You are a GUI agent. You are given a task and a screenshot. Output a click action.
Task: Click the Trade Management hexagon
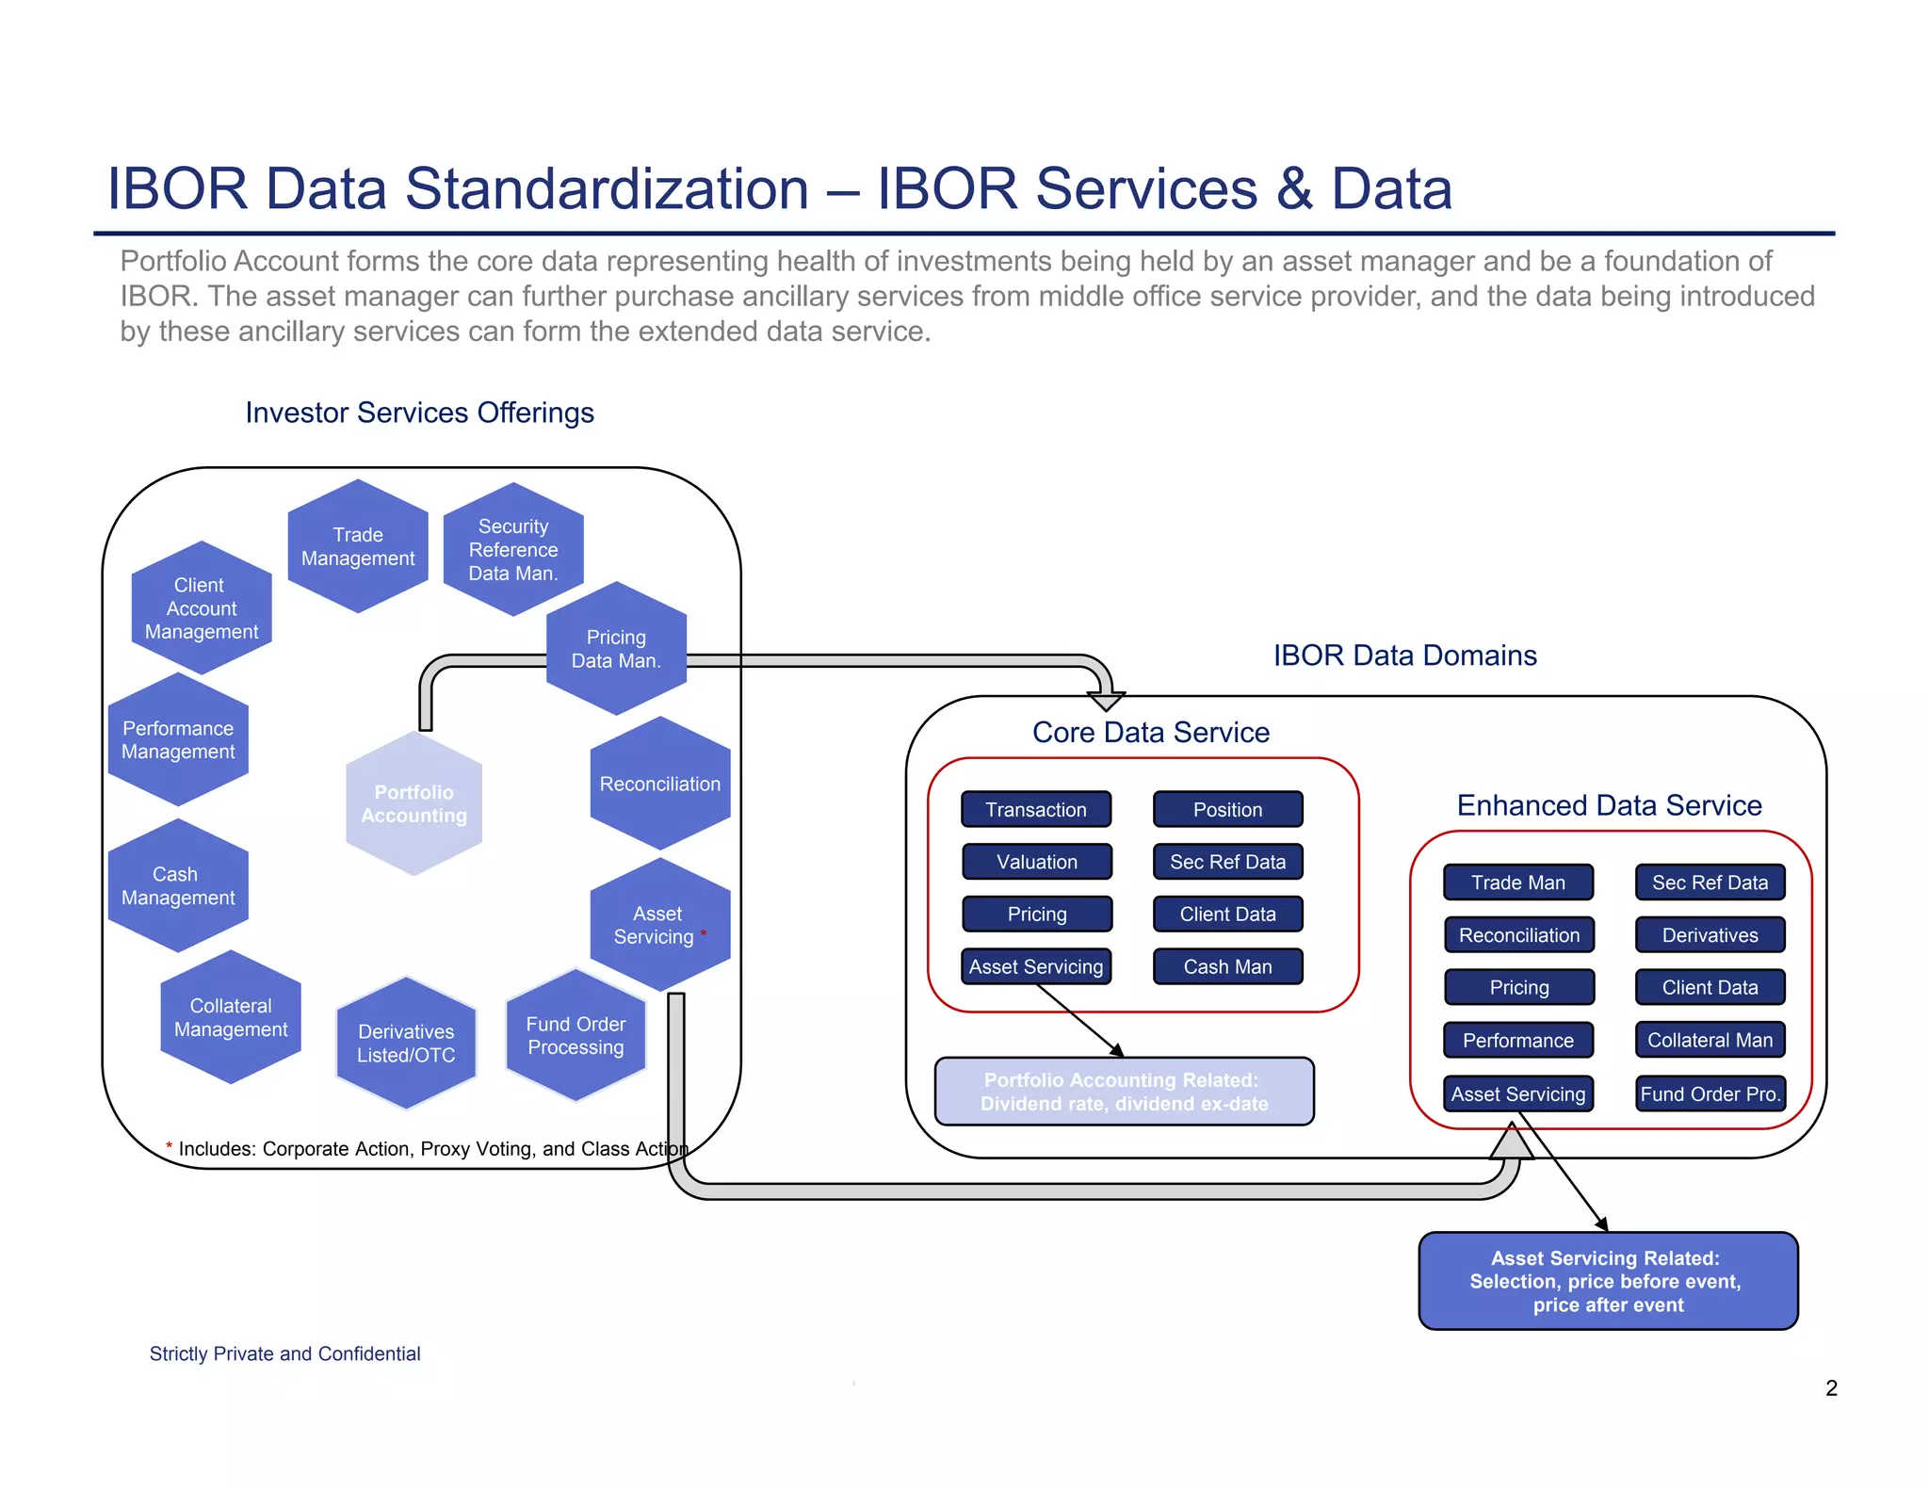click(x=358, y=546)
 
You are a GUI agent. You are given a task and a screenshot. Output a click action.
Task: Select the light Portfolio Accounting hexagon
click(x=413, y=803)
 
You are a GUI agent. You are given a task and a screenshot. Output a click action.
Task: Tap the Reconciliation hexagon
click(x=659, y=784)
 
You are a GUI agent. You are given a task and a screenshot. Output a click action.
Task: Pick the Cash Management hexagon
click(x=178, y=885)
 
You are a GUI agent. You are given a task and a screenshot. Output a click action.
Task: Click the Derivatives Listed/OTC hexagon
click(x=406, y=1043)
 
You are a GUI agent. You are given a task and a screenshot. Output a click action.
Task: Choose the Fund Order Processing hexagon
click(x=575, y=1035)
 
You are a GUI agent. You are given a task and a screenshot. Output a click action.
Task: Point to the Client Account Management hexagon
click(x=201, y=608)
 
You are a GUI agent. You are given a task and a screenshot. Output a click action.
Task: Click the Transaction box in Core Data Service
click(x=1036, y=809)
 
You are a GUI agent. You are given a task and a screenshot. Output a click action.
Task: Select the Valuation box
click(x=1037, y=862)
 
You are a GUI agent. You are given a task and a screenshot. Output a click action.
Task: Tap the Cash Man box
click(x=1227, y=966)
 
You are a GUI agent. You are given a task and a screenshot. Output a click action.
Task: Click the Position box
click(x=1227, y=809)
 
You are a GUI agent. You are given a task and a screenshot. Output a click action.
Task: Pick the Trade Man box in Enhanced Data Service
click(x=1518, y=883)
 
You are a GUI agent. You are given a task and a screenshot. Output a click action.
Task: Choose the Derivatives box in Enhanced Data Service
click(x=1710, y=935)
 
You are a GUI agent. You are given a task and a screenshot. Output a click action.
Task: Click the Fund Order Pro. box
click(x=1710, y=1093)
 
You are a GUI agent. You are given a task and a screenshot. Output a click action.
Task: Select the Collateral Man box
click(x=1710, y=1040)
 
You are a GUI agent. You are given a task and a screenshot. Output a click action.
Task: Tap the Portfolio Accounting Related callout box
click(x=1124, y=1092)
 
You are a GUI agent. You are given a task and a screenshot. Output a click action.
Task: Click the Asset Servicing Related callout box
click(x=1608, y=1281)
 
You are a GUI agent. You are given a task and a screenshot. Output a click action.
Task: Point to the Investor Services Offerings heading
click(x=419, y=413)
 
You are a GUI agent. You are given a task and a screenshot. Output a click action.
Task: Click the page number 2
click(x=1831, y=1387)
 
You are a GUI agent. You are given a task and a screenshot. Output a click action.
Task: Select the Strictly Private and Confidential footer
click(x=284, y=1353)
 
